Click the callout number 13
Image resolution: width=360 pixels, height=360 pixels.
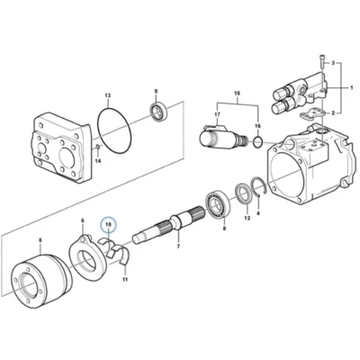108,95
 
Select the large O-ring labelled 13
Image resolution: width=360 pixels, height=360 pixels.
98,126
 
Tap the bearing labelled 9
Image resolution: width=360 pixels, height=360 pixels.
158,112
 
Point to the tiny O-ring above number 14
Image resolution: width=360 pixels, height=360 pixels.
98,147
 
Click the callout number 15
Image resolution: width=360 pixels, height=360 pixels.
237,94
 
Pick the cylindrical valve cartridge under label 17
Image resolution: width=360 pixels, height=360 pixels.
222,137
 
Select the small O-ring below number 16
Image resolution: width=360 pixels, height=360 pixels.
257,142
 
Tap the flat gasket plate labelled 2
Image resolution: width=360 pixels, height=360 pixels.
312,113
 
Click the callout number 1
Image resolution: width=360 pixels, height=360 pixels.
351,87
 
